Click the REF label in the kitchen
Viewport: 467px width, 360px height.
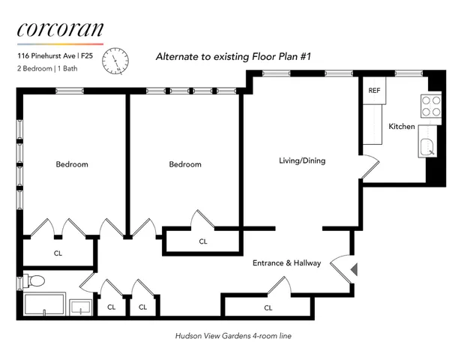click(374, 91)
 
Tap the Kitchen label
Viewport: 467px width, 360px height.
click(401, 127)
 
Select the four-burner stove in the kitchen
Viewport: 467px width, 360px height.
click(430, 106)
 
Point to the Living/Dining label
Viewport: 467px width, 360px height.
click(302, 160)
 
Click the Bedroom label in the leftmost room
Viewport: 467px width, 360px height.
click(72, 164)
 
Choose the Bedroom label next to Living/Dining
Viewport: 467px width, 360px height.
click(184, 164)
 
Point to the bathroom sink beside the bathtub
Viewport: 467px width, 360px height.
click(80, 307)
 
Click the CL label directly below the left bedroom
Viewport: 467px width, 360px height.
click(58, 253)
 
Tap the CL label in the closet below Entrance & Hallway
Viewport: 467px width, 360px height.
click(268, 307)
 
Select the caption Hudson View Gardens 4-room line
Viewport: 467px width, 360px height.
click(233, 336)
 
